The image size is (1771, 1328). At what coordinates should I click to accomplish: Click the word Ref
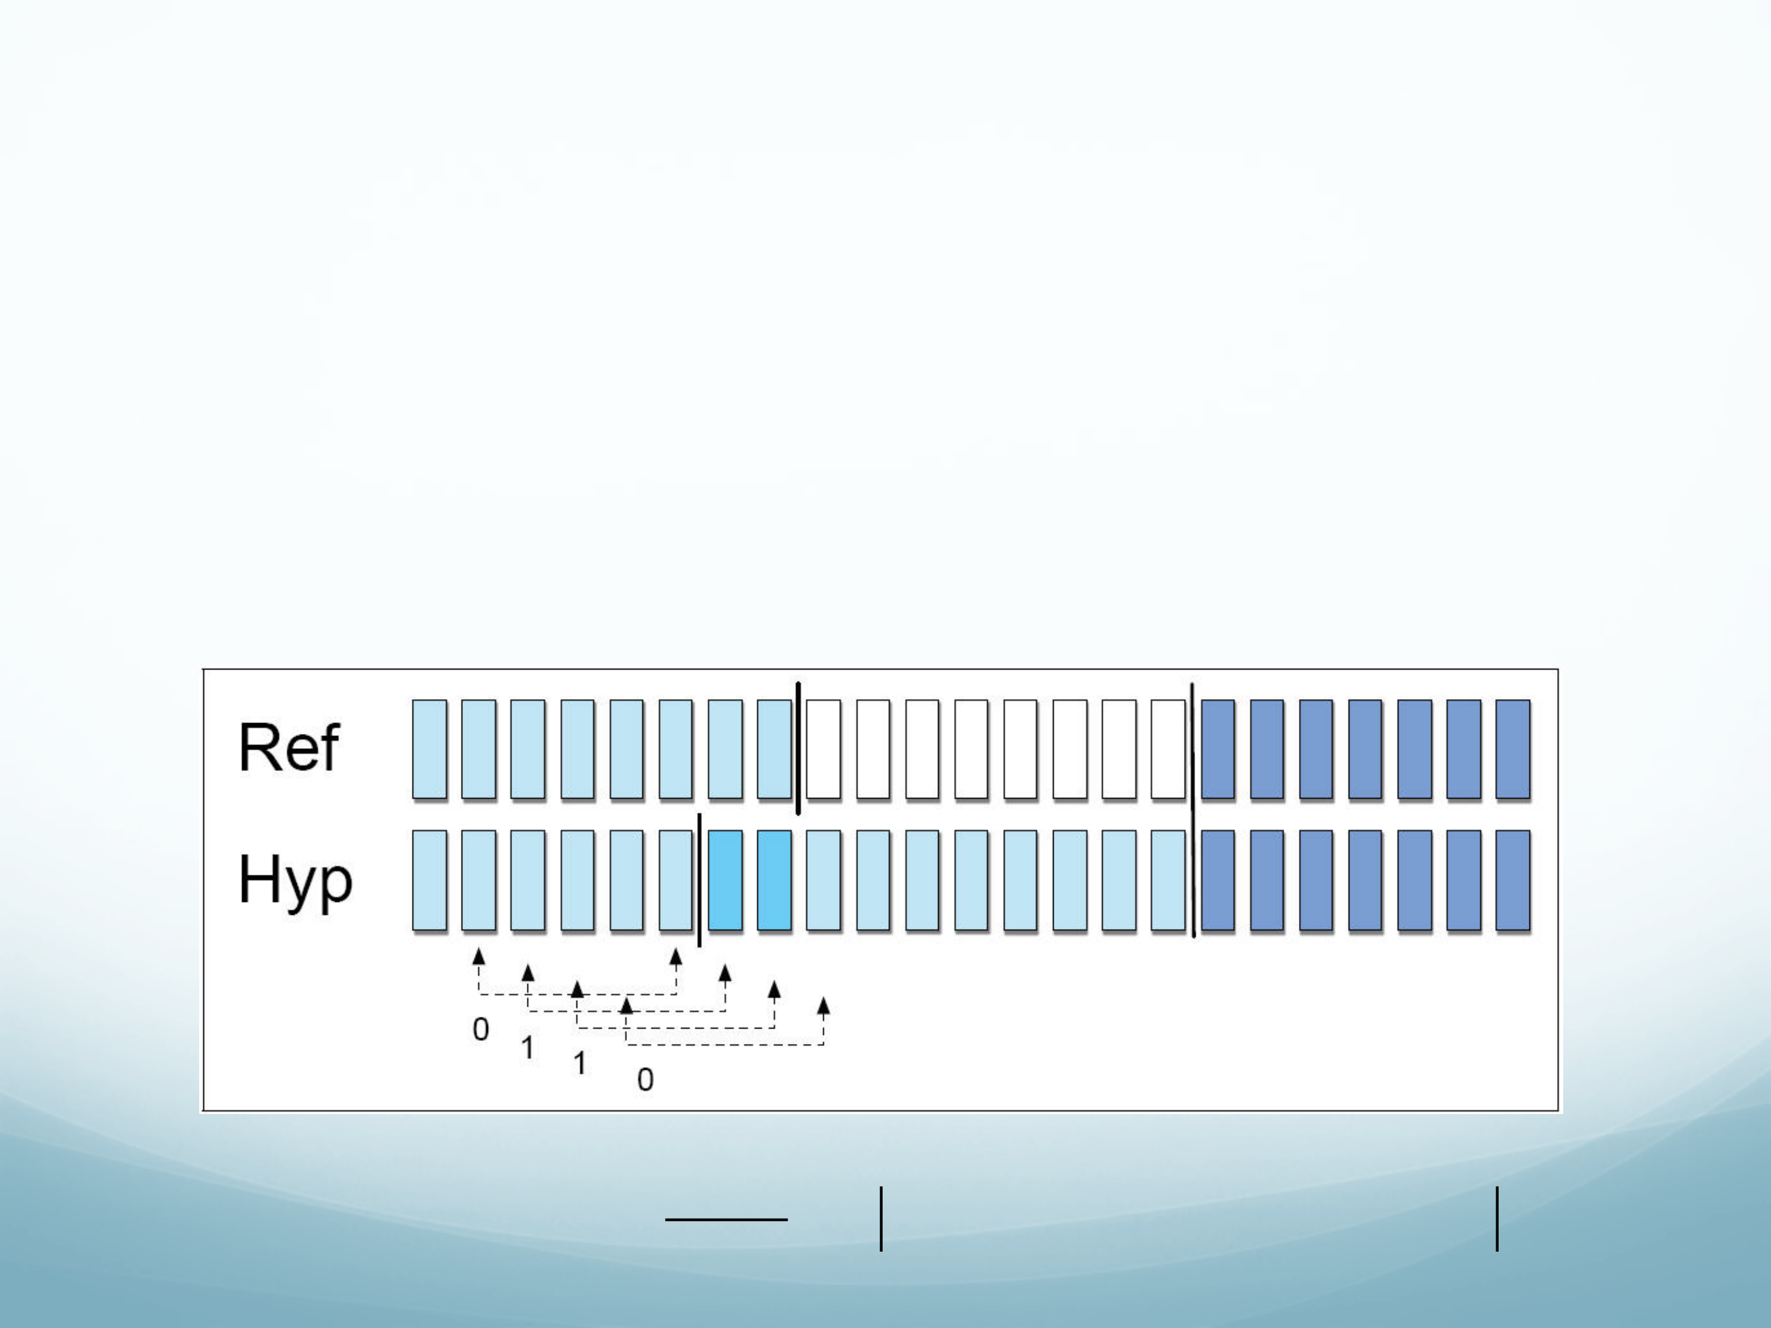click(x=289, y=747)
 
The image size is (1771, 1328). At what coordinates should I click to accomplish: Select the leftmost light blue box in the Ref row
click(x=429, y=749)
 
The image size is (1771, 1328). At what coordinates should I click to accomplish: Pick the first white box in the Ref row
click(x=823, y=749)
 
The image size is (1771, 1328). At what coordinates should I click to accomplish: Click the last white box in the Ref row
click(x=1168, y=749)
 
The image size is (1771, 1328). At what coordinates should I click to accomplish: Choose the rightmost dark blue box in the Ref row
click(x=1512, y=749)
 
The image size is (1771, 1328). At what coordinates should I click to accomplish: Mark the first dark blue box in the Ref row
click(x=1217, y=749)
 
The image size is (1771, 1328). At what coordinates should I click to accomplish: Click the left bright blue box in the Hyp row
click(x=725, y=880)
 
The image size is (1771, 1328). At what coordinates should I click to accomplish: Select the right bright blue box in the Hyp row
click(x=774, y=880)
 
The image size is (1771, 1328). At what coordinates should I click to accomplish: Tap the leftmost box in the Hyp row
click(x=429, y=880)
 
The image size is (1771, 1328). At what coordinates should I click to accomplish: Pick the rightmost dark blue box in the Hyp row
click(x=1512, y=880)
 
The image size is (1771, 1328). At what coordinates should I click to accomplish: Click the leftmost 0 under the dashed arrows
click(x=480, y=1029)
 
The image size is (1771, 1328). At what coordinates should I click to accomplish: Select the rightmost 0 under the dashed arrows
click(x=645, y=1080)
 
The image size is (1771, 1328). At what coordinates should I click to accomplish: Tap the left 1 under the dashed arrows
click(x=527, y=1047)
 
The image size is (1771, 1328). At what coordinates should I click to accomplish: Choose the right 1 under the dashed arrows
click(x=580, y=1063)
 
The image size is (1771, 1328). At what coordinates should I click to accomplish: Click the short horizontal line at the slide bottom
click(x=726, y=1220)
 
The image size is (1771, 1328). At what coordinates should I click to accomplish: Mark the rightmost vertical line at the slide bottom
click(x=1497, y=1219)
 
